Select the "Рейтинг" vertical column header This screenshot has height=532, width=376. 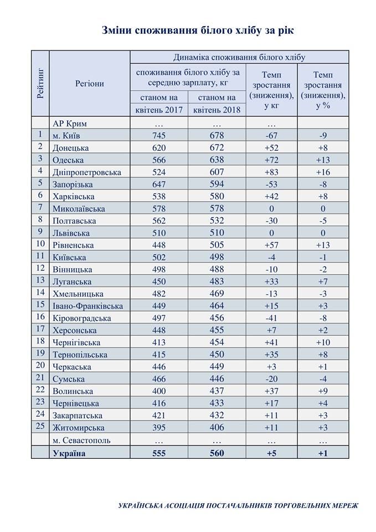[40, 83]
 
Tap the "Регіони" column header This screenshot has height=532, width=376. [90, 84]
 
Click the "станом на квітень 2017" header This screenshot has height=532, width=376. [159, 103]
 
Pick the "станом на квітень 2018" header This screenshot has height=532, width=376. [217, 103]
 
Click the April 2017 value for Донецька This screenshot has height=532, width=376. [159, 147]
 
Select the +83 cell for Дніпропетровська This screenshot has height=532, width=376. [271, 172]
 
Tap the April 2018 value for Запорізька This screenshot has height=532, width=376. [217, 184]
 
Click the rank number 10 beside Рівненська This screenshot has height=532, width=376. [40, 244]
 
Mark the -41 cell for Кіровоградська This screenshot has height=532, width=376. [271, 318]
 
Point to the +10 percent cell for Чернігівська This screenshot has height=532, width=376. [323, 342]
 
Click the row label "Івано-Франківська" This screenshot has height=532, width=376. [87, 306]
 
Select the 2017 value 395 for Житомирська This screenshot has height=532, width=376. [159, 428]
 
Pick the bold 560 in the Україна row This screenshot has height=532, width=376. [217, 453]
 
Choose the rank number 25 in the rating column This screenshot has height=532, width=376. [40, 427]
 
